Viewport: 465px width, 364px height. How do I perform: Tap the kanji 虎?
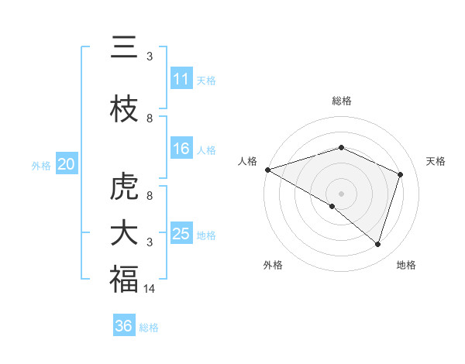coord(124,187)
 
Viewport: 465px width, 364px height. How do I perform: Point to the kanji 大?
coord(124,233)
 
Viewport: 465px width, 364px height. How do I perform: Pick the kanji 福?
coord(124,280)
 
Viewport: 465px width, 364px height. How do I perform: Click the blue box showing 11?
coord(181,79)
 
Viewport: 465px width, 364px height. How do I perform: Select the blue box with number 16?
coord(181,149)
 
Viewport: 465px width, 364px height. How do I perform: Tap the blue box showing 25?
coord(181,234)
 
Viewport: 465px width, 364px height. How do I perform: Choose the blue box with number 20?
coord(67,164)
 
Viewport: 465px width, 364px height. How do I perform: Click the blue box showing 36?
coord(124,326)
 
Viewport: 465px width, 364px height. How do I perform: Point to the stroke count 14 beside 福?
coord(150,289)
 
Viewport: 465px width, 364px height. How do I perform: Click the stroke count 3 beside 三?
coord(150,57)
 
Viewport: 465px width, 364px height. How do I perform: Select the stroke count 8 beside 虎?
coord(150,196)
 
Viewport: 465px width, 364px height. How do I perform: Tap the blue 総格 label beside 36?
coord(150,328)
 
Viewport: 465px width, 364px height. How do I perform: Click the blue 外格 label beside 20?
coord(41,165)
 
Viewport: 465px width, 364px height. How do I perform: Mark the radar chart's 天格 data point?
coord(401,174)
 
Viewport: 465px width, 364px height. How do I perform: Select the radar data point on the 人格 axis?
coord(267,170)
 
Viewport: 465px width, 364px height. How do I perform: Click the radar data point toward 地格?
coord(378,244)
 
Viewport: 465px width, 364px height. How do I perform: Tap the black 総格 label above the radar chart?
coord(341,101)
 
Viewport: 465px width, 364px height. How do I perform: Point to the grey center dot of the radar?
coord(341,193)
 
